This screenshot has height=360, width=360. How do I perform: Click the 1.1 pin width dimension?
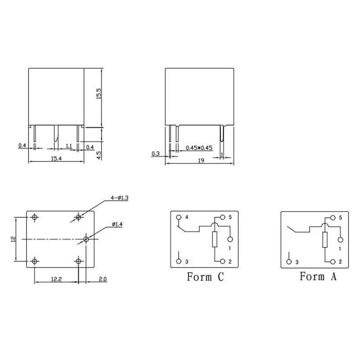click(69, 146)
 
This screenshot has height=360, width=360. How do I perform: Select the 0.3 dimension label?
click(156, 154)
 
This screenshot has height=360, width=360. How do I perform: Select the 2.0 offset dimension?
click(102, 280)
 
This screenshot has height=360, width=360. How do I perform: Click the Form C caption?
click(205, 277)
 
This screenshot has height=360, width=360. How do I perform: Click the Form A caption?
click(318, 277)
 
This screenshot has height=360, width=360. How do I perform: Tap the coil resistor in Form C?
click(215, 239)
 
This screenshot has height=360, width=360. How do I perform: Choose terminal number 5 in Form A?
click(341, 218)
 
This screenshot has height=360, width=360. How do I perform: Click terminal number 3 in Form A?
click(297, 262)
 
